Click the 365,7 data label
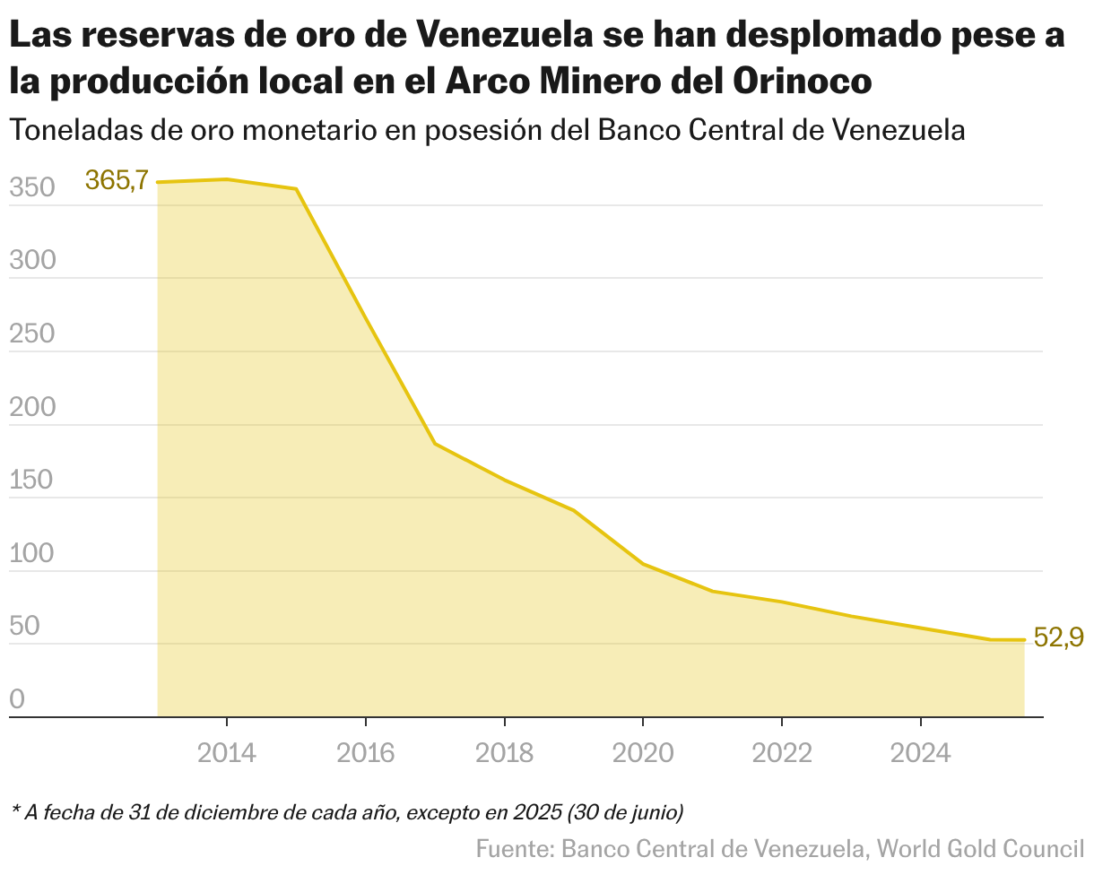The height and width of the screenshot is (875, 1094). click(x=117, y=180)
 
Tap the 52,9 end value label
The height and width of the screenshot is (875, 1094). click(x=1058, y=637)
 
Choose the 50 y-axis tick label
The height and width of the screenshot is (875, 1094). click(x=26, y=627)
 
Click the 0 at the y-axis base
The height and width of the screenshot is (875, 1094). click(x=18, y=699)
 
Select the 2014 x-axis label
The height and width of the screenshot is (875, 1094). click(x=227, y=753)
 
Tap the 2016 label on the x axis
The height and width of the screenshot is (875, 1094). click(x=366, y=753)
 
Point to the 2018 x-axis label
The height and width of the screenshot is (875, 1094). click(x=505, y=753)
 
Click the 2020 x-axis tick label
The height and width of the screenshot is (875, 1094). click(x=643, y=753)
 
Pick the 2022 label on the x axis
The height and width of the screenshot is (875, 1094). click(x=782, y=753)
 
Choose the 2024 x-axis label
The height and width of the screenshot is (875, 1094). click(x=921, y=753)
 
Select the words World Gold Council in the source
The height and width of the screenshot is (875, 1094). click(x=980, y=848)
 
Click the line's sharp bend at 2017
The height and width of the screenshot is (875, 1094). click(x=435, y=444)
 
